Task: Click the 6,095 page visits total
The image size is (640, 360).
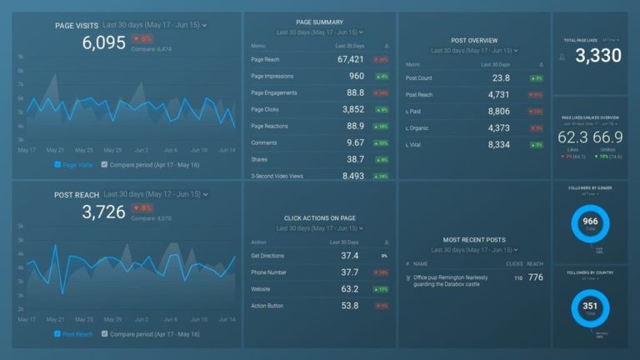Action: tap(104, 43)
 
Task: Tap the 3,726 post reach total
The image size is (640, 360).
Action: tap(104, 212)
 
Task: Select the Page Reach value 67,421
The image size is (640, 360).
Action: tap(351, 59)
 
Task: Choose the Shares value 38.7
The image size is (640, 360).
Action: tap(356, 158)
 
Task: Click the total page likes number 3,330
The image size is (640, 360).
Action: tap(598, 56)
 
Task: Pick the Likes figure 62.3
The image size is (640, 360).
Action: tap(572, 136)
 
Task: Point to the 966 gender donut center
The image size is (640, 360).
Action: tap(590, 222)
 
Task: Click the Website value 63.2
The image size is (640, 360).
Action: tap(350, 289)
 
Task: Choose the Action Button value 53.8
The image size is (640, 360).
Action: tap(350, 306)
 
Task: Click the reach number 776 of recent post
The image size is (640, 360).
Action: tap(535, 277)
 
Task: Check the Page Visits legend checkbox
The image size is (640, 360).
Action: tap(57, 164)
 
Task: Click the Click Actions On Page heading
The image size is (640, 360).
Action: tap(320, 218)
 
